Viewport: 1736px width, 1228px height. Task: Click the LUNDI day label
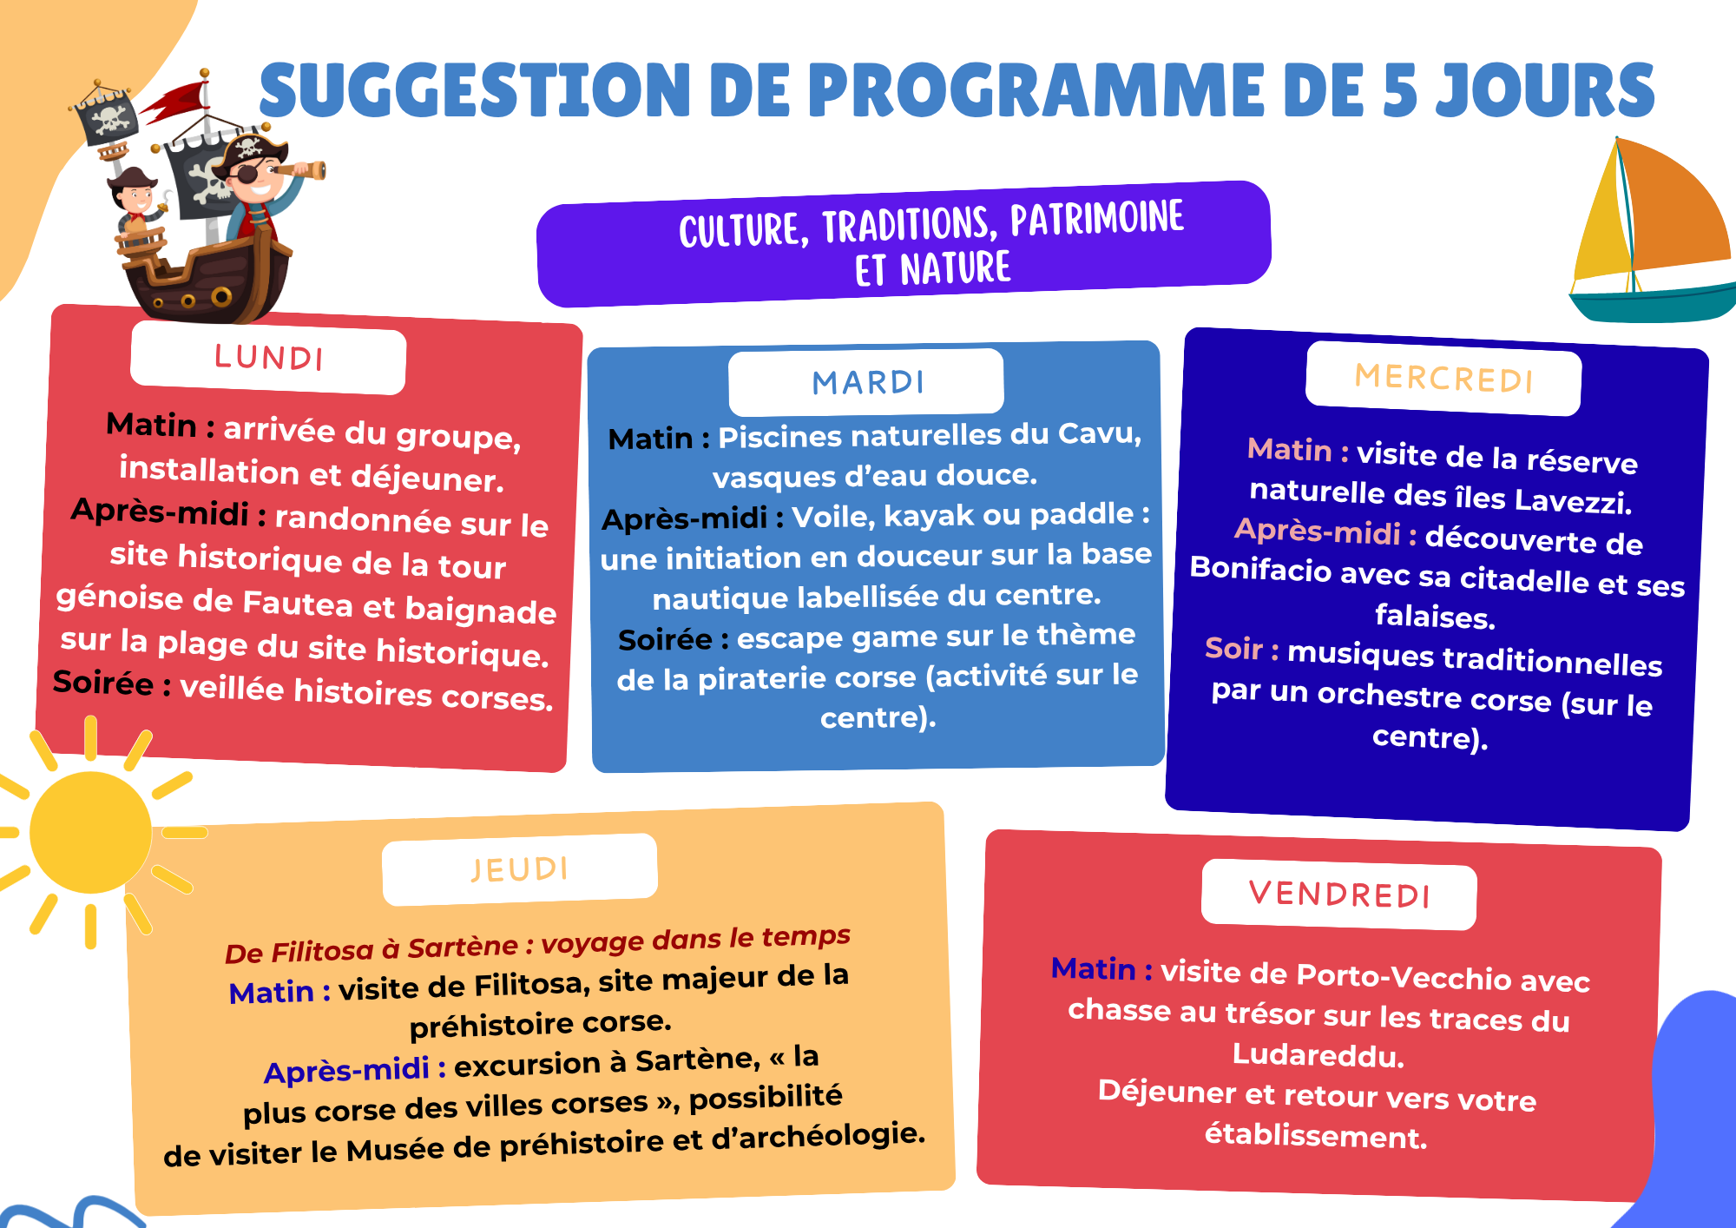269,358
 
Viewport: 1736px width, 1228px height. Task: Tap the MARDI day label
868,382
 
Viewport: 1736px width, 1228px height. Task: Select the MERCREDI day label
1443,379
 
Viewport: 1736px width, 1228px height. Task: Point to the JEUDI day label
520,869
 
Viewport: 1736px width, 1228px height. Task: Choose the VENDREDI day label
1339,894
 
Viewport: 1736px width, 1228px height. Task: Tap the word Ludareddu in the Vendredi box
1318,1055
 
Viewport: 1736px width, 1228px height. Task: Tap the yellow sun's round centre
90,832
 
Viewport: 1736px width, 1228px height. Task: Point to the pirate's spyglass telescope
299,169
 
